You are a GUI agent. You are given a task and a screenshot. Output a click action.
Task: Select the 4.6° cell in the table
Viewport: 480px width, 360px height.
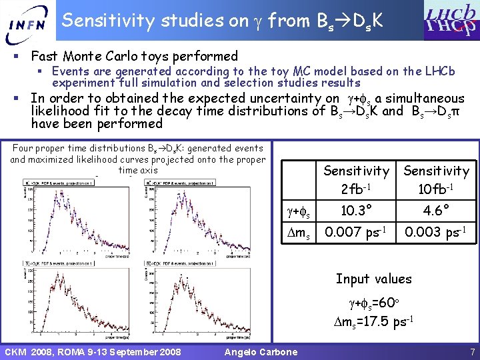coord(436,212)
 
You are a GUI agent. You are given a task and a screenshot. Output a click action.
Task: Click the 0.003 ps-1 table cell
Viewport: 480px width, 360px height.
coord(436,233)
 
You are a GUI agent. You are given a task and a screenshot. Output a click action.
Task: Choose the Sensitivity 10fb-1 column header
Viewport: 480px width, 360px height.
coord(436,180)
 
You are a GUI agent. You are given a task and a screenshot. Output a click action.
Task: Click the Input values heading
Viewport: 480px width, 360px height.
coord(373,279)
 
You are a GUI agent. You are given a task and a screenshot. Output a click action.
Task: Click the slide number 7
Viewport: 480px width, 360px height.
coord(471,351)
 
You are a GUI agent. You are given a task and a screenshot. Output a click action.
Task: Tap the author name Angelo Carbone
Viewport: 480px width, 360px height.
coord(261,351)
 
